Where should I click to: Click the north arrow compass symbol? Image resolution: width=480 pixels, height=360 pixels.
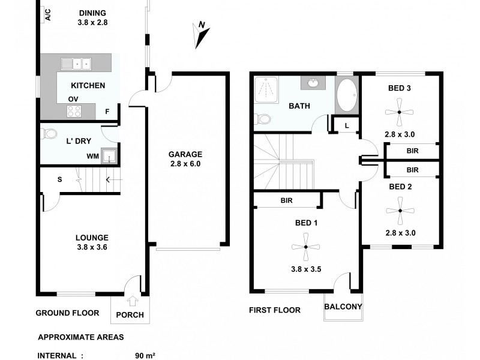coord(201,35)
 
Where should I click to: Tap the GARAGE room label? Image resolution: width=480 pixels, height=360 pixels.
coord(185,154)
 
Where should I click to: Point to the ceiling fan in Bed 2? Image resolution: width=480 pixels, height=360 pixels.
coord(399,211)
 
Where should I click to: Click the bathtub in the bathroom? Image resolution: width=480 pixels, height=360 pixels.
coord(346,95)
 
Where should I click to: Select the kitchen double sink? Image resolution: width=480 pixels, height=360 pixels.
coord(77,62)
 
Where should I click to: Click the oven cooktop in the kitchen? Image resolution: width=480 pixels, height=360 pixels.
coord(74,111)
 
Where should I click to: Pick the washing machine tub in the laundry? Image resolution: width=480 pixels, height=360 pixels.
coord(109,157)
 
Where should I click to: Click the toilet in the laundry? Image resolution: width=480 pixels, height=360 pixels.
coord(49,133)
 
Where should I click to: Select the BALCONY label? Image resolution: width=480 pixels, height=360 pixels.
coord(343,307)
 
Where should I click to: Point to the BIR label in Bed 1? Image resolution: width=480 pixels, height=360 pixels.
coord(286,200)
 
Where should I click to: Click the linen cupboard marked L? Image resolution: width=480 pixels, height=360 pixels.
coord(346,125)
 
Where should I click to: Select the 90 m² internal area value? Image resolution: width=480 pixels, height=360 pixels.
coord(145,355)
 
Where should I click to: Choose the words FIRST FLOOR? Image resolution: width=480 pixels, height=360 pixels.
coord(274,310)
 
